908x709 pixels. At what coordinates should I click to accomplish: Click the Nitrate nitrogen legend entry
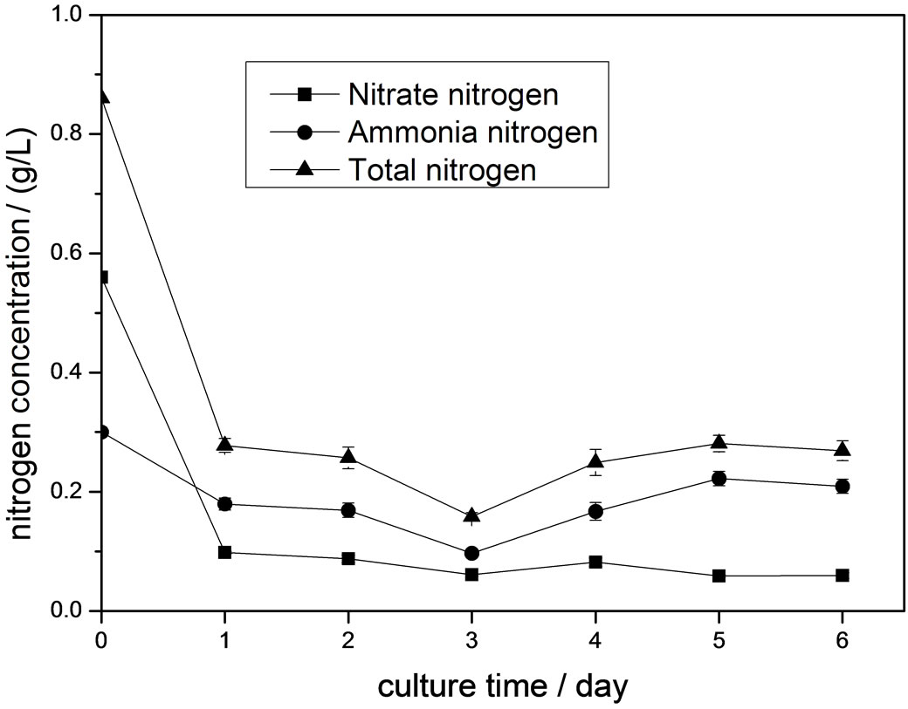click(x=452, y=94)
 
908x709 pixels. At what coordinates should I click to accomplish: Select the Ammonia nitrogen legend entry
click(x=471, y=133)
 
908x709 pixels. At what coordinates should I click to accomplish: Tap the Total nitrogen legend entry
click(x=441, y=170)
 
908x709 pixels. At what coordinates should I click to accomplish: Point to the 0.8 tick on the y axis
click(x=75, y=134)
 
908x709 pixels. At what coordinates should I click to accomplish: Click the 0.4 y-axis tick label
click(x=75, y=373)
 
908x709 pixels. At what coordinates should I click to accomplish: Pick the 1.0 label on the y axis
click(x=75, y=16)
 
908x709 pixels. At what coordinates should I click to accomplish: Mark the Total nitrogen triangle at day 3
click(x=471, y=515)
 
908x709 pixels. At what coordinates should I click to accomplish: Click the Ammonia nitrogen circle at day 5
click(x=719, y=478)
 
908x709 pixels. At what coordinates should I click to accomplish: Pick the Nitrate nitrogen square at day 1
click(x=224, y=552)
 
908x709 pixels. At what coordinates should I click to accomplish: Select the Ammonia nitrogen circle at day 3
click(x=471, y=553)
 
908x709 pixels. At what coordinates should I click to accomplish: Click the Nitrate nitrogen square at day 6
click(x=842, y=576)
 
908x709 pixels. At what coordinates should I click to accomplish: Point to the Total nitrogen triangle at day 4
click(x=595, y=461)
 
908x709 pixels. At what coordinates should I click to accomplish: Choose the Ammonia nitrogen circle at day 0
click(x=102, y=432)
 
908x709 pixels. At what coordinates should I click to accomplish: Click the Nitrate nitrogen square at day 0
click(x=102, y=277)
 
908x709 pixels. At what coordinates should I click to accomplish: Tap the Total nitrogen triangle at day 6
click(x=842, y=450)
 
